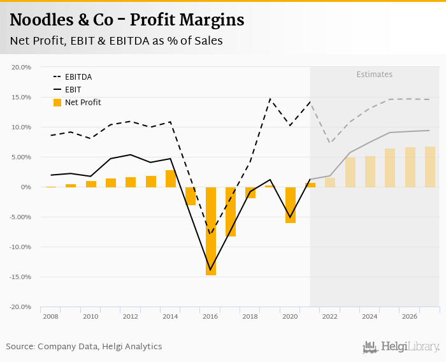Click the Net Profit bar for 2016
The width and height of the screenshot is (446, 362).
tap(210, 231)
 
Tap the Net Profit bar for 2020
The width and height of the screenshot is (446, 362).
tap(291, 205)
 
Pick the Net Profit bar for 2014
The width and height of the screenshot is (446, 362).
tap(171, 178)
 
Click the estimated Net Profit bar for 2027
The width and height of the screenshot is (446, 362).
tap(430, 167)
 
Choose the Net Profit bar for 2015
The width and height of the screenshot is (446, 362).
tap(191, 196)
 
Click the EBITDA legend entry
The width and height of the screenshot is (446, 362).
tap(78, 77)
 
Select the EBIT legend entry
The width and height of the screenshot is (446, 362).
tap(73, 90)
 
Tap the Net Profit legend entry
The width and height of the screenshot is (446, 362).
tap(83, 103)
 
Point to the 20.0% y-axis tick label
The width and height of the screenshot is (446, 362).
tap(22, 67)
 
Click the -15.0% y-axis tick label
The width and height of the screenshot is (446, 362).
tap(20, 277)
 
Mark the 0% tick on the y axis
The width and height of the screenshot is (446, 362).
tap(25, 187)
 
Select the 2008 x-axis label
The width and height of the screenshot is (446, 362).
tap(50, 316)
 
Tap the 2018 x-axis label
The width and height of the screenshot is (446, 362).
tap(250, 316)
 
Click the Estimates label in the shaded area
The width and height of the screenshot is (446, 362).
tap(374, 75)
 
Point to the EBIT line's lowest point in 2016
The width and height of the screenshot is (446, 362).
tap(210, 270)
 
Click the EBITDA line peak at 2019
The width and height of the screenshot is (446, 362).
tap(270, 99)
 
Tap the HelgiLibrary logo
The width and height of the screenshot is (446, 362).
tap(401, 347)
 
